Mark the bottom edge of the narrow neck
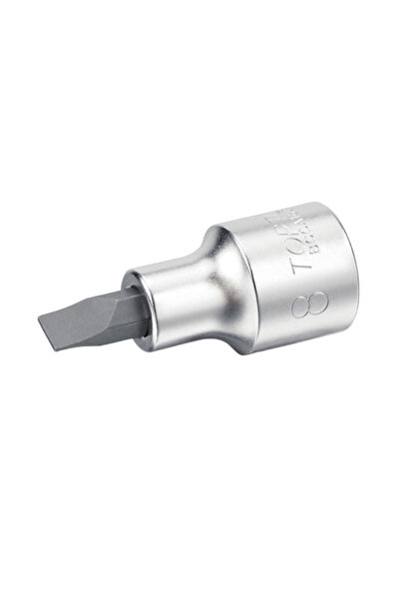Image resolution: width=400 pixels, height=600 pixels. coord(190,334)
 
